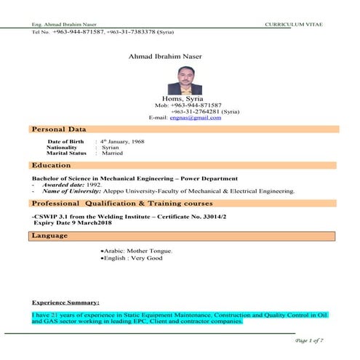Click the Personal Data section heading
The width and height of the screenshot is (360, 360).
[x=60, y=129]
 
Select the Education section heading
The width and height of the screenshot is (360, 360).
[x=52, y=166]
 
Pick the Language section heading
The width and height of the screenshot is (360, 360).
[x=51, y=236]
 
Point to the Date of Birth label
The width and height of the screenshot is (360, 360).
[x=66, y=140]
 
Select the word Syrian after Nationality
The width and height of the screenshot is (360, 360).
[x=111, y=147]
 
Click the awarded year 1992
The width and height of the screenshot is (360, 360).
[x=93, y=185]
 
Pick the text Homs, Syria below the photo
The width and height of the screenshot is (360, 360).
[x=183, y=99]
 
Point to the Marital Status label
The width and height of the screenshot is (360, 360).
[x=66, y=153]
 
